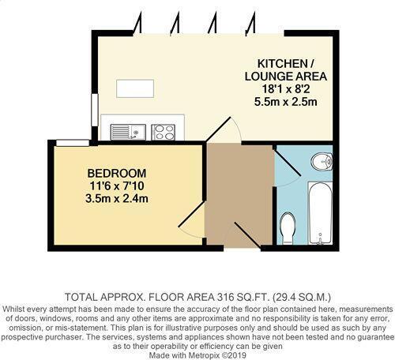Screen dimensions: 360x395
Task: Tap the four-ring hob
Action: (163, 131)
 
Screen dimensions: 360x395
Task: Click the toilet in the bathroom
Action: (288, 229)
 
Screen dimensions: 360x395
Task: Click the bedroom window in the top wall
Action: (72, 142)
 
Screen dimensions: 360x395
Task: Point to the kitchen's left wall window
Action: (94, 108)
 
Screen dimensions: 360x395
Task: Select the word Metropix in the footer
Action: (207, 354)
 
